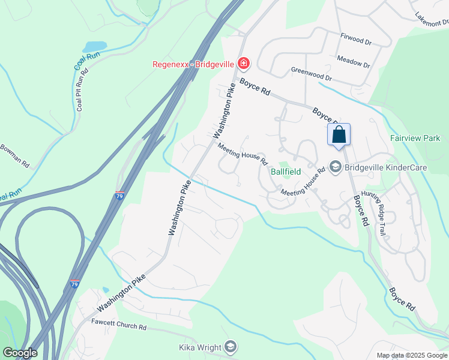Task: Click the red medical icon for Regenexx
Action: click(244, 63)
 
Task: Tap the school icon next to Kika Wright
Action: click(231, 347)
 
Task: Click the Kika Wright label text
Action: click(200, 347)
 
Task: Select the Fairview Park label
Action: click(415, 138)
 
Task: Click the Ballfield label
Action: click(285, 171)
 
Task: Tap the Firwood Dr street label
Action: click(356, 40)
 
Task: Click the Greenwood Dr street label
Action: click(311, 74)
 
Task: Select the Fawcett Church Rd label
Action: click(119, 325)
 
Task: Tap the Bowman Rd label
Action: click(14, 155)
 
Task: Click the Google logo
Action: click(19, 353)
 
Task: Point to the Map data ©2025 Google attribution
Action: click(411, 355)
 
